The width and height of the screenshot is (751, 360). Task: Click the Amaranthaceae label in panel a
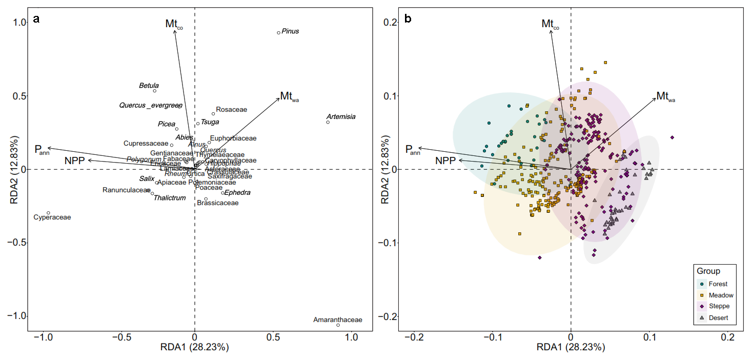click(x=337, y=320)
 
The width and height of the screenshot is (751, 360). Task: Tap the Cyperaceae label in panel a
click(x=52, y=217)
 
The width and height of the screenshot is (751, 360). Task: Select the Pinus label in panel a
click(x=290, y=31)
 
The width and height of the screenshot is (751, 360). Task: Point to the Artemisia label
click(x=340, y=117)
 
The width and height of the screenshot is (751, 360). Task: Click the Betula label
click(x=149, y=86)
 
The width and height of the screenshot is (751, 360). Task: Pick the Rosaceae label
click(x=231, y=110)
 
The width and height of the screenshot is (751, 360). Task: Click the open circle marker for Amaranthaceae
click(x=338, y=325)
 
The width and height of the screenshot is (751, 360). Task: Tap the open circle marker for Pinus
click(x=278, y=33)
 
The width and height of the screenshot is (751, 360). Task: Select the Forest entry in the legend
click(x=718, y=284)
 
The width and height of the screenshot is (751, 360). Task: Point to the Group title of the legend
click(x=708, y=271)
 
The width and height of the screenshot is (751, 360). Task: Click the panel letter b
click(x=408, y=19)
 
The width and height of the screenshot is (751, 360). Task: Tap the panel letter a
click(x=36, y=19)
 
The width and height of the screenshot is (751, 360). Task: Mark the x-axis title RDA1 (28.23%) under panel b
click(x=571, y=348)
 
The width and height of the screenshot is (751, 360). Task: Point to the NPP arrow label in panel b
click(x=445, y=161)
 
